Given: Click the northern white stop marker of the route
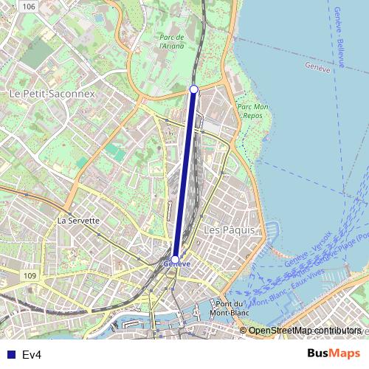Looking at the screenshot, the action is (x=194, y=89).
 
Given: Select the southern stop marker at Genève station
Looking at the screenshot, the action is (x=175, y=258).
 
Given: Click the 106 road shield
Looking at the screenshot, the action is (x=28, y=6).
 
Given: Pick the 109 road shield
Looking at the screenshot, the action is (x=29, y=275).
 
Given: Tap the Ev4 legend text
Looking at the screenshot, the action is (x=31, y=355).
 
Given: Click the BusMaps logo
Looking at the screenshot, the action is (x=334, y=354).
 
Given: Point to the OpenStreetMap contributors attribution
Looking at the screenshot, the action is (x=304, y=330).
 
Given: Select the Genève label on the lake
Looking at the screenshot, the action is (x=317, y=66).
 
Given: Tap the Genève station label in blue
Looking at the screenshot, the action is (x=176, y=263).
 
